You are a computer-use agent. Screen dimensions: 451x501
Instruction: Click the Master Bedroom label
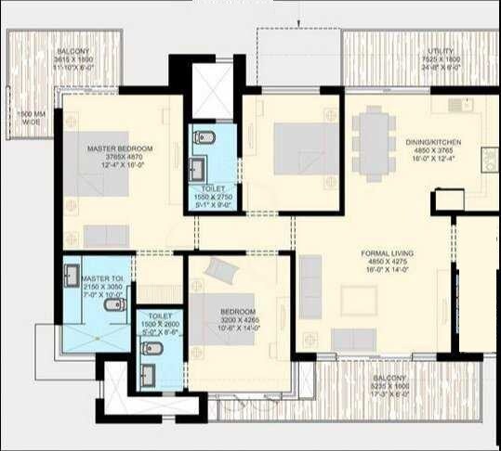[x=120, y=148]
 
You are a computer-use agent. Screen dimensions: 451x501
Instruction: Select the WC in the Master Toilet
[x=113, y=305]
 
